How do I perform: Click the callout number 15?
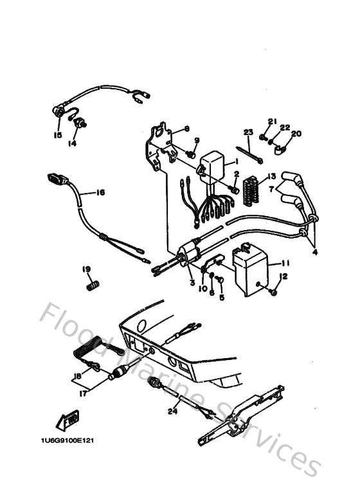click(x=57, y=136)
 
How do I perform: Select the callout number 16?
click(x=100, y=192)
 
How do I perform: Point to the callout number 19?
click(x=85, y=269)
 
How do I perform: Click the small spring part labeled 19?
click(x=94, y=284)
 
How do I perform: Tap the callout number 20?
click(x=296, y=134)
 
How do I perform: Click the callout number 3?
click(x=192, y=283)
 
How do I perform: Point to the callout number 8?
click(x=186, y=129)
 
